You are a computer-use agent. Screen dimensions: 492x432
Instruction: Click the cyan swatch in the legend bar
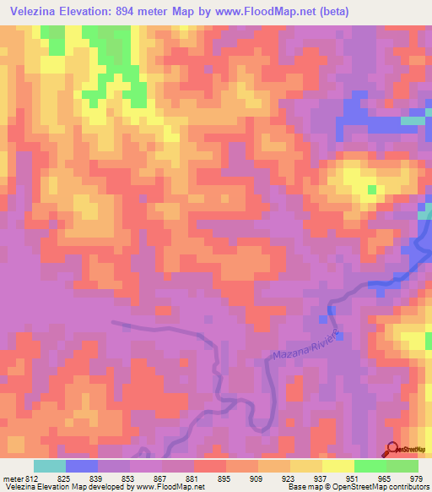50,466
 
